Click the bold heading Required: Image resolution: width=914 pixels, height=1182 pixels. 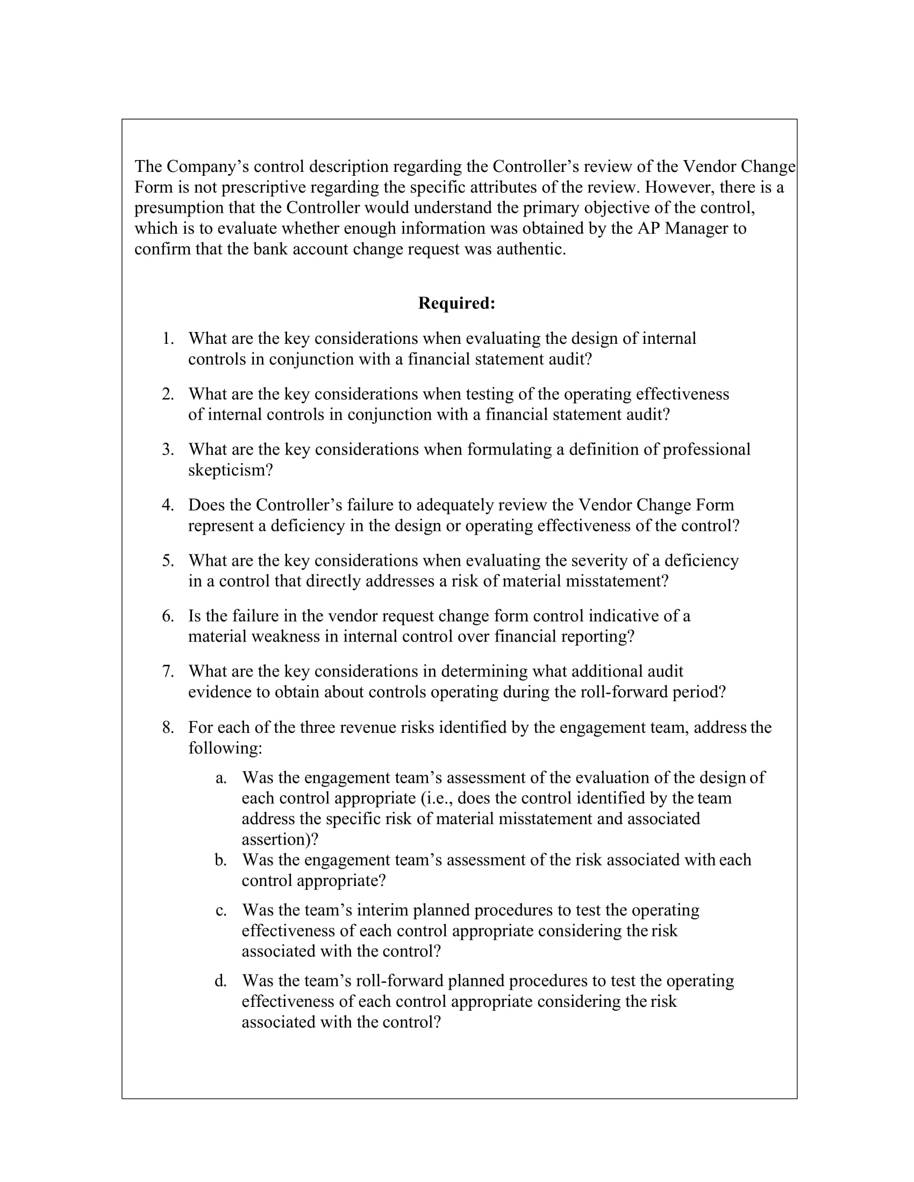pos(456,303)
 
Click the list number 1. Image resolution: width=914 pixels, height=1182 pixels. pos(168,339)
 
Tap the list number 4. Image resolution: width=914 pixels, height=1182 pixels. pos(168,505)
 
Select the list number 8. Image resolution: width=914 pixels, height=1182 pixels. pos(168,727)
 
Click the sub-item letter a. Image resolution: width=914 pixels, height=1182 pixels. pos(220,778)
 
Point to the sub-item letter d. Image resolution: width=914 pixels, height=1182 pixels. pos(220,981)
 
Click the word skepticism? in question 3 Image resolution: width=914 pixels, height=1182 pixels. pos(231,470)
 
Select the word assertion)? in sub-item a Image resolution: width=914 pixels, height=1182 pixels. pos(280,839)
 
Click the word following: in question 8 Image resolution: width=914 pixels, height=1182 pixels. pos(225,748)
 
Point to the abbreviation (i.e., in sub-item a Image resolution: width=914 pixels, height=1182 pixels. pos(437,798)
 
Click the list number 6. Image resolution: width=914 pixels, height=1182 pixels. pos(168,616)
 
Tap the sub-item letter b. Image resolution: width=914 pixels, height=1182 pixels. pos(220,860)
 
